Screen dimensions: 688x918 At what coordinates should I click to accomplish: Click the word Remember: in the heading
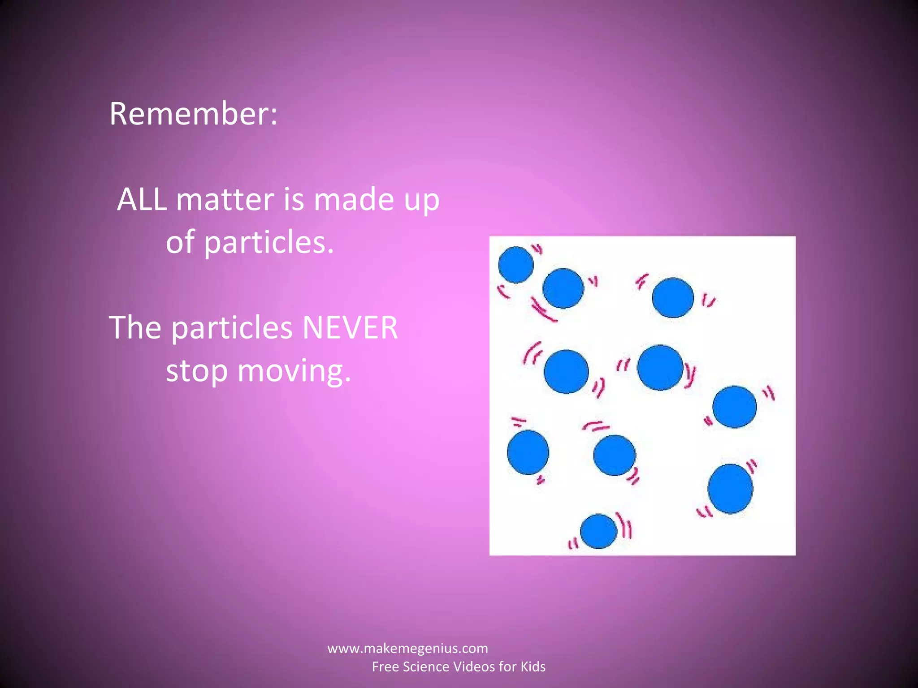click(193, 114)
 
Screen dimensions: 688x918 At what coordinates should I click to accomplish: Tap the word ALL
click(142, 199)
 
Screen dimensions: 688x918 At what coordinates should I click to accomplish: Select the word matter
click(225, 199)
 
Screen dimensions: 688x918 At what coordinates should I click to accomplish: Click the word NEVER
click(350, 327)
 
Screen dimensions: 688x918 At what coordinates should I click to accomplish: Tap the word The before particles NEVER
click(135, 327)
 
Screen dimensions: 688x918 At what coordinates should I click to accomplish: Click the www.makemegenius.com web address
click(407, 648)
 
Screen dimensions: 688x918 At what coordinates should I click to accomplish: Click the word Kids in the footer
click(533, 666)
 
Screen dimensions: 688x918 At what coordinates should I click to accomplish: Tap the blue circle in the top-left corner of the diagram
click(515, 265)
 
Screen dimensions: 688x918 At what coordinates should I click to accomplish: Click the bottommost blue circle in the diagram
click(598, 531)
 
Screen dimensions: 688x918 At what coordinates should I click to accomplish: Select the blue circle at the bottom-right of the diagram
click(730, 489)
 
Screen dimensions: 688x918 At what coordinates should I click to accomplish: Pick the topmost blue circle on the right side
click(673, 297)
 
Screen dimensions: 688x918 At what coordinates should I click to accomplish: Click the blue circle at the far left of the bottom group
click(528, 452)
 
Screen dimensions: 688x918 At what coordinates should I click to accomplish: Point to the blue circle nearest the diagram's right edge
click(734, 407)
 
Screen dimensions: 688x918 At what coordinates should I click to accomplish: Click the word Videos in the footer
click(474, 666)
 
